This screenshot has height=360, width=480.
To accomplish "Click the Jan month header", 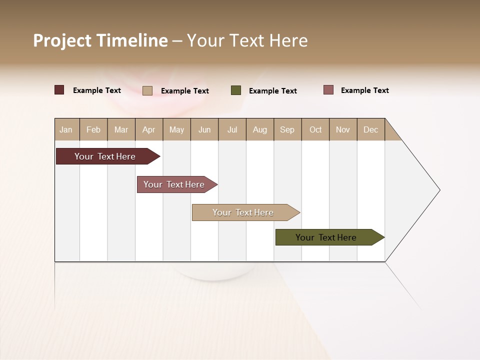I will tap(66, 129).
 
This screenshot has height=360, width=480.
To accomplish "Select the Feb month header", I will tap(93, 129).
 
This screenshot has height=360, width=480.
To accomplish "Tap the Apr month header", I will tap(148, 129).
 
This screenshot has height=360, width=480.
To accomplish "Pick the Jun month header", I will tap(204, 129).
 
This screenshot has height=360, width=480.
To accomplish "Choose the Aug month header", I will tap(259, 129).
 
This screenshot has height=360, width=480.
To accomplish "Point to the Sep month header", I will tap(287, 129).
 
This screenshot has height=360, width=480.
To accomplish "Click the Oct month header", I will tap(315, 129).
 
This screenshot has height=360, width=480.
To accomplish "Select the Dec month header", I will tap(370, 129).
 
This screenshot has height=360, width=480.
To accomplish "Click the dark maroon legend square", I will tap(59, 90).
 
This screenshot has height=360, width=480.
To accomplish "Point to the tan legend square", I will tap(147, 90).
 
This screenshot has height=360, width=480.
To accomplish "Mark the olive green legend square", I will tap(236, 90).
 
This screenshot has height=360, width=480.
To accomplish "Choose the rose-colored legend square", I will tap(328, 90).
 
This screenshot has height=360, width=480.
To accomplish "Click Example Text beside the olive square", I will tap(272, 91).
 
